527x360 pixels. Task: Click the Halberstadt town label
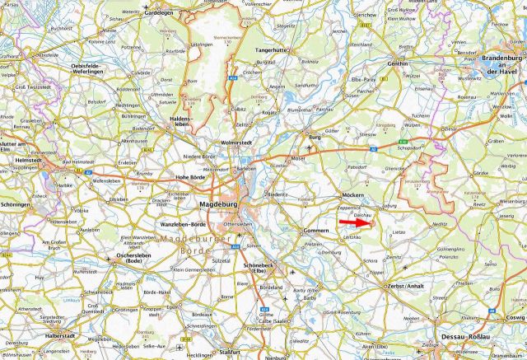pyautogui.click(x=59, y=337)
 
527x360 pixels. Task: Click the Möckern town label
pyautogui.click(x=352, y=195)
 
